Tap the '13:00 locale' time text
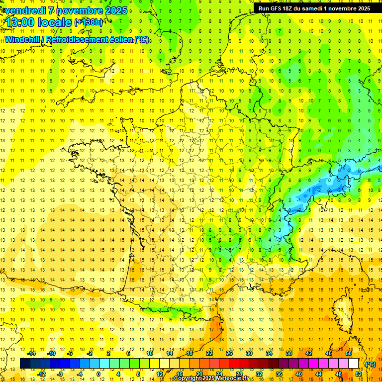(37, 22)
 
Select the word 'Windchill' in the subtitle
(25, 40)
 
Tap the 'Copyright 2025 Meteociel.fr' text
(211, 379)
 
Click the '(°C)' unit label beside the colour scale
(371, 364)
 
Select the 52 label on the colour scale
(359, 374)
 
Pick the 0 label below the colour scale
(98, 374)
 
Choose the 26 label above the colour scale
(229, 353)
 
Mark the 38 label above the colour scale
(288, 353)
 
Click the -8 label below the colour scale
(60, 374)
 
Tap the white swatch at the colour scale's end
(354, 364)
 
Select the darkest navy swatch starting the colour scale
(25, 364)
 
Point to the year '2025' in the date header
(115, 10)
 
